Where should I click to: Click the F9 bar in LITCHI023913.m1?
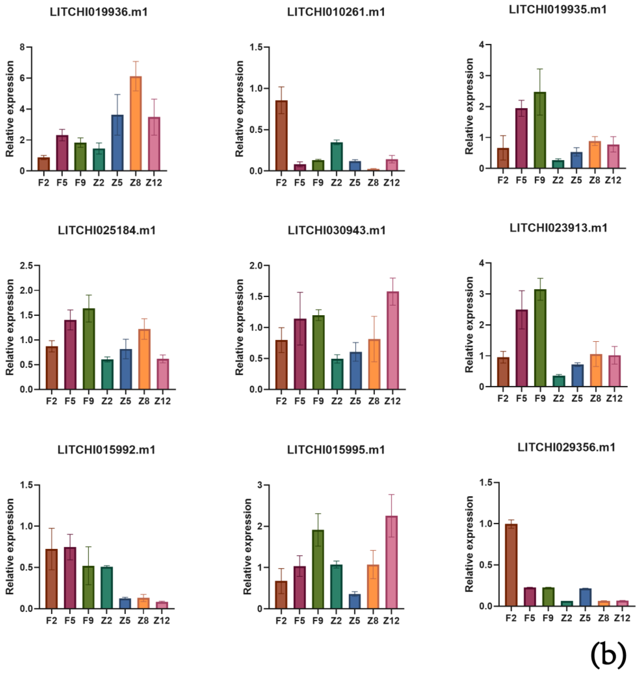[x=540, y=338]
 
